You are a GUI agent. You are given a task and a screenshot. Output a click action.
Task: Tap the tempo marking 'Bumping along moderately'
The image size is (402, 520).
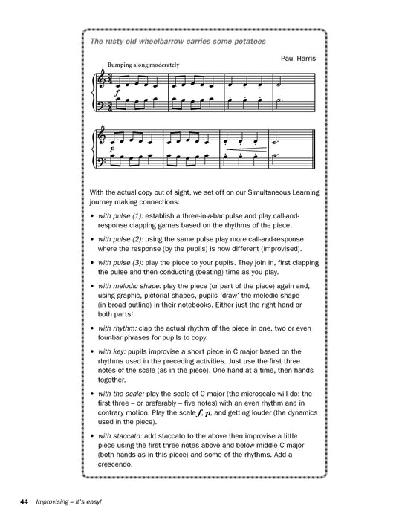point(143,65)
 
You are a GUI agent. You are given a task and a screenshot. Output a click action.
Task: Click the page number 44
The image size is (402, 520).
point(25,503)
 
